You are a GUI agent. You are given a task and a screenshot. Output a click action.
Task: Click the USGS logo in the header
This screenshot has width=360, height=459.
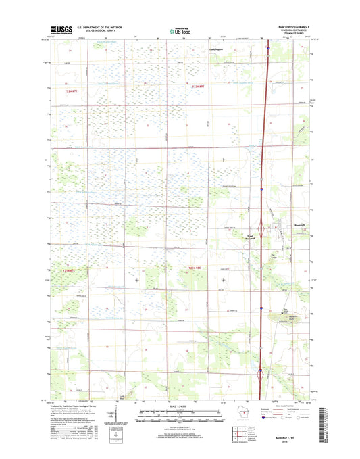59,30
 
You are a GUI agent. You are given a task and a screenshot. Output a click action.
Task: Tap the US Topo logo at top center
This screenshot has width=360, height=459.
180,30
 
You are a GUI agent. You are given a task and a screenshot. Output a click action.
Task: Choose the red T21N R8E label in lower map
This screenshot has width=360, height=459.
195,270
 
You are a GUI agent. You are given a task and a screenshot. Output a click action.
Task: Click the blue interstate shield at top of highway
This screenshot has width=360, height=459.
268,49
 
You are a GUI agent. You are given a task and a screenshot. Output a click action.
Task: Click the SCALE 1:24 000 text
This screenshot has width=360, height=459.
180,406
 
